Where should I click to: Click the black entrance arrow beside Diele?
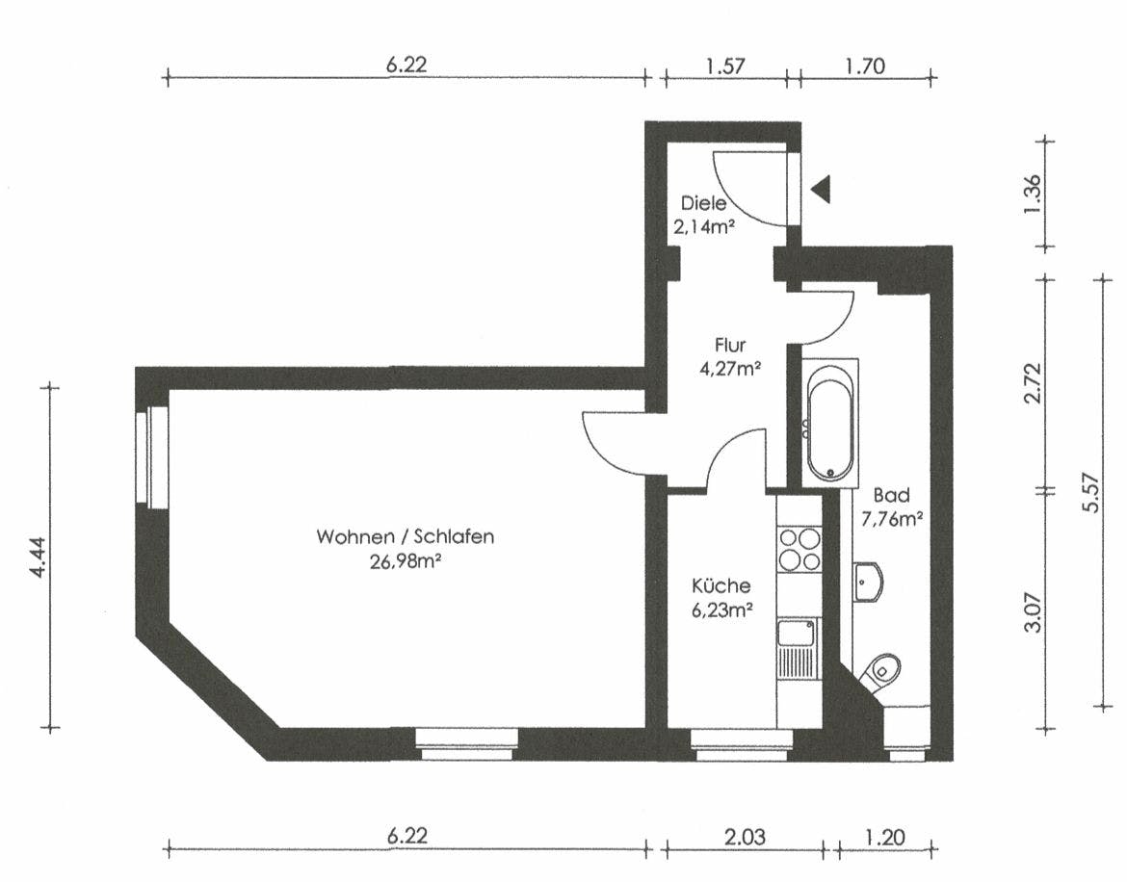pyautogui.click(x=822, y=189)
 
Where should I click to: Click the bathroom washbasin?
pyautogui.click(x=868, y=581)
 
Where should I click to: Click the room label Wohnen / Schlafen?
pyautogui.click(x=406, y=536)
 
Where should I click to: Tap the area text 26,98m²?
pyautogui.click(x=406, y=561)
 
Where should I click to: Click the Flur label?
pyautogui.click(x=730, y=345)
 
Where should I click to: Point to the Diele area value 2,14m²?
pyautogui.click(x=704, y=227)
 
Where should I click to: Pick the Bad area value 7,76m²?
pyautogui.click(x=892, y=519)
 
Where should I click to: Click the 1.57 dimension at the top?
pyautogui.click(x=725, y=66)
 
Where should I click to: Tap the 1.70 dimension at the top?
pyautogui.click(x=865, y=66)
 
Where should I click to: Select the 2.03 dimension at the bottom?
pyautogui.click(x=745, y=837)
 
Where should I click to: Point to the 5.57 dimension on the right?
pyautogui.click(x=1091, y=492)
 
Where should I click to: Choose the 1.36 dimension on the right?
pyautogui.click(x=1033, y=194)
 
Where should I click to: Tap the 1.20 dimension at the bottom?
pyautogui.click(x=885, y=837)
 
